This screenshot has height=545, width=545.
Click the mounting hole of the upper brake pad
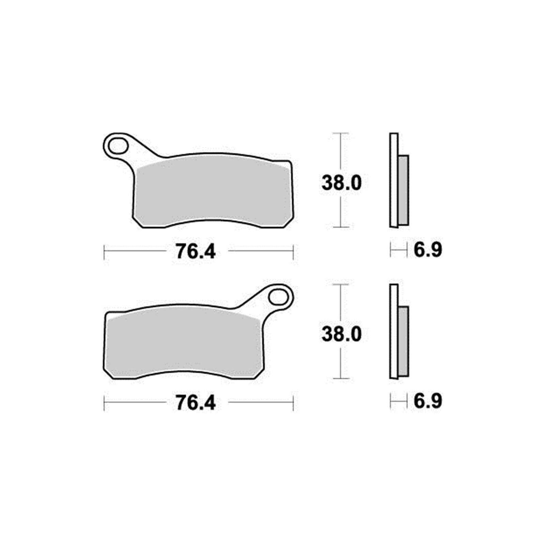coord(118,147)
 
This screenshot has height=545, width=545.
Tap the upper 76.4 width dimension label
coord(196,252)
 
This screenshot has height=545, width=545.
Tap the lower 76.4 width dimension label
coord(196,403)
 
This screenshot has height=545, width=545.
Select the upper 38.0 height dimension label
coord(341,183)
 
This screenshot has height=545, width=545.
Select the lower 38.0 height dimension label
coord(341,334)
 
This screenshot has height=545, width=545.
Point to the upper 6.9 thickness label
coord(428,250)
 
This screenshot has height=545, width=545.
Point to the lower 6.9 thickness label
coord(428,401)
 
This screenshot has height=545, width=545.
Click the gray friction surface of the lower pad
coord(184,344)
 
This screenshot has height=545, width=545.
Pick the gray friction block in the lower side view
coord(403,341)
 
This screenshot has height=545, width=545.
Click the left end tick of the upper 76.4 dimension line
coord(104,251)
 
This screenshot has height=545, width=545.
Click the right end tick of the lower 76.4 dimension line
coord(293,403)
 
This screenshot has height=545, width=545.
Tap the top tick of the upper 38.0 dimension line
coord(341,133)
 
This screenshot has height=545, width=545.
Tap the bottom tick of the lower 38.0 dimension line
coord(341,378)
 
